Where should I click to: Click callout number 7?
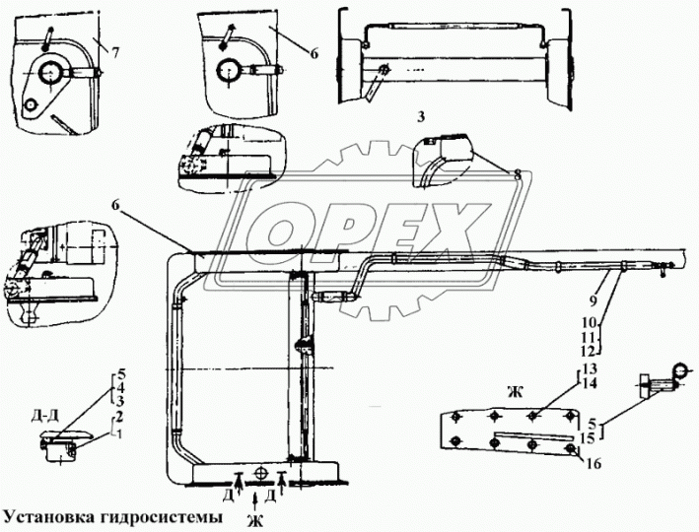tap(117, 51)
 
